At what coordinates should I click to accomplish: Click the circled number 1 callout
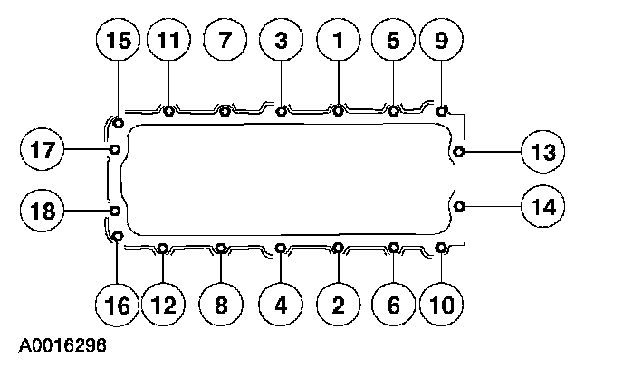338,41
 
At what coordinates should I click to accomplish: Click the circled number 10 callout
442,306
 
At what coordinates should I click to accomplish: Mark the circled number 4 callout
282,306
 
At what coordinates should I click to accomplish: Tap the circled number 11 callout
170,41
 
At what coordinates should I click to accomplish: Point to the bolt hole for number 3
282,112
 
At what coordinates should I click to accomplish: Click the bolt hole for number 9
442,110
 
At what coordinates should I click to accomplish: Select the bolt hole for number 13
459,151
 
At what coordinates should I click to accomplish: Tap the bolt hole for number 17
115,149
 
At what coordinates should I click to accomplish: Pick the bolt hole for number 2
338,248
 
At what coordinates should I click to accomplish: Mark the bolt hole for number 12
162,248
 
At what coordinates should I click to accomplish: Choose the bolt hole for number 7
225,112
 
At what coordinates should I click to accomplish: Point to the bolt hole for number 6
394,248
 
